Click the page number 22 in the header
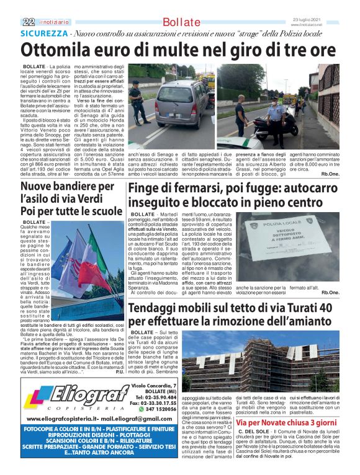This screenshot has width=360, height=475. pos(27,22)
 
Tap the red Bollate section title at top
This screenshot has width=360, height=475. pos(180,22)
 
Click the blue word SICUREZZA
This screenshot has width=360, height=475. pos(43,33)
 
